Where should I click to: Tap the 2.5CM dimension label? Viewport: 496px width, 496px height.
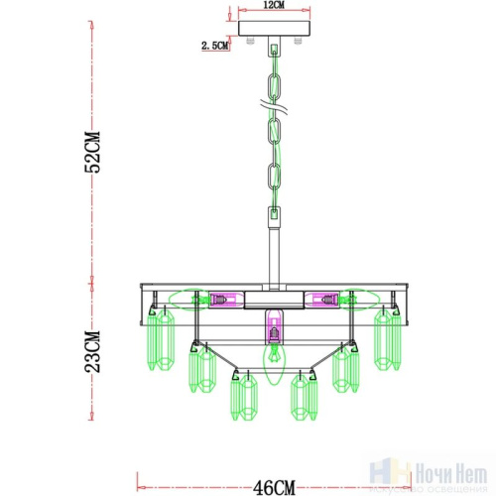[x=215, y=45]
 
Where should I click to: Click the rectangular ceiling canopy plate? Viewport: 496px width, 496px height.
[x=271, y=31]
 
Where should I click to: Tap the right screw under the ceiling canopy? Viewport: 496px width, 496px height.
[x=295, y=43]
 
